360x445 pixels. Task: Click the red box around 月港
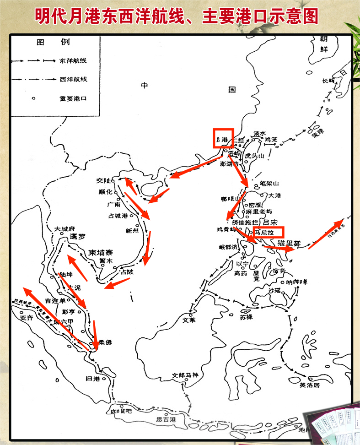coord(223,138)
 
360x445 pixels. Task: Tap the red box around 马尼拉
coord(268,232)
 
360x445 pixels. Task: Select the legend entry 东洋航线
coord(73,60)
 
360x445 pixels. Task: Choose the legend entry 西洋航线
coord(73,79)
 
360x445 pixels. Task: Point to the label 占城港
coord(118,216)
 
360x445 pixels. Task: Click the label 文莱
coord(188,320)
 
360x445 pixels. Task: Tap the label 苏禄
coord(246,316)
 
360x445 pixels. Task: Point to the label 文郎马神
coord(185,375)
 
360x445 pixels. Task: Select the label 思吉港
coord(166,419)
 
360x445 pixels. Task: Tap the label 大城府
coord(64,229)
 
